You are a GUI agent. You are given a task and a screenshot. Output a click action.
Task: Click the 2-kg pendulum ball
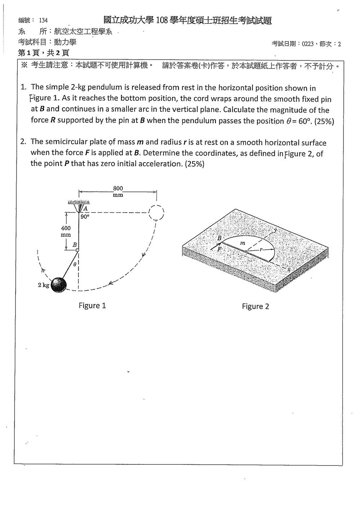click(x=59, y=285)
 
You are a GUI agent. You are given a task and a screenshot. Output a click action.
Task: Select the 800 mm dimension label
click(x=118, y=191)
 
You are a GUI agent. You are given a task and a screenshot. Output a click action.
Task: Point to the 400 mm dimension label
click(x=66, y=231)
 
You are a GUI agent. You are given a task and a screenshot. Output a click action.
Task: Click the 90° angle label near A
click(x=85, y=217)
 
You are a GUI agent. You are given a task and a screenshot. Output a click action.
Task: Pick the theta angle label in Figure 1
click(x=75, y=264)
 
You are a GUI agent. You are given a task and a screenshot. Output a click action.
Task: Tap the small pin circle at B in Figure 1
click(x=77, y=250)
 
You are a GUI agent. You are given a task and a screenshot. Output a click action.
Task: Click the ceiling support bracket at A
click(x=79, y=206)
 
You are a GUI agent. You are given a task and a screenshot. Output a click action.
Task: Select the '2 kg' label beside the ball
click(x=44, y=285)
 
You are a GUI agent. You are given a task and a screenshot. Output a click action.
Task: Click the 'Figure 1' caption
click(x=92, y=305)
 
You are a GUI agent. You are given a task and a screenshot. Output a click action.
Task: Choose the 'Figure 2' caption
click(x=255, y=306)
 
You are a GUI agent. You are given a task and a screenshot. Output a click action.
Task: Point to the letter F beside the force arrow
click(x=219, y=249)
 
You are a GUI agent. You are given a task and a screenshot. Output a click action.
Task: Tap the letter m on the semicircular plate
click(x=243, y=243)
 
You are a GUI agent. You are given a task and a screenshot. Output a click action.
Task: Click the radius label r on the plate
click(x=261, y=250)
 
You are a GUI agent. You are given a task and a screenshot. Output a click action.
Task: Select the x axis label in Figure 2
click(x=289, y=269)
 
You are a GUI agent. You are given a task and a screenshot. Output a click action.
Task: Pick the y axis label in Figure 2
click(x=276, y=230)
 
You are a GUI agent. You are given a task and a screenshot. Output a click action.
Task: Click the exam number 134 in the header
click(x=43, y=21)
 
